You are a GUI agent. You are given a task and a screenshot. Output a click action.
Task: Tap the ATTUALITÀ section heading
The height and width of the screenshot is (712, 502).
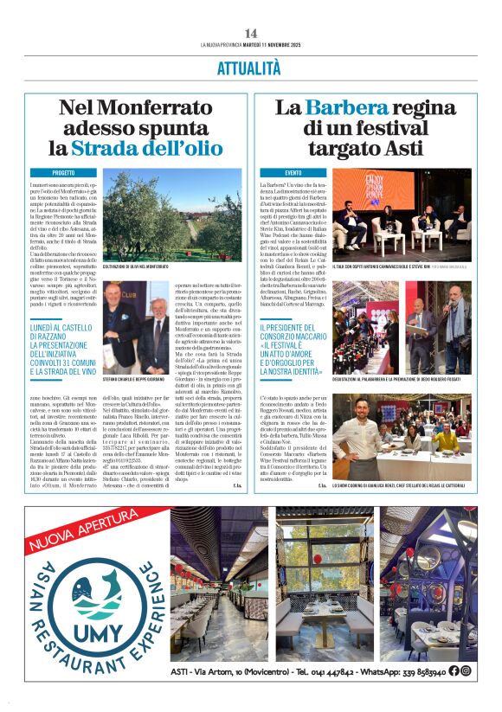251,67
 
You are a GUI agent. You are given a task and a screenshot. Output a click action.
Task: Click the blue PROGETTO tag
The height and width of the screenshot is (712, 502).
51,173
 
